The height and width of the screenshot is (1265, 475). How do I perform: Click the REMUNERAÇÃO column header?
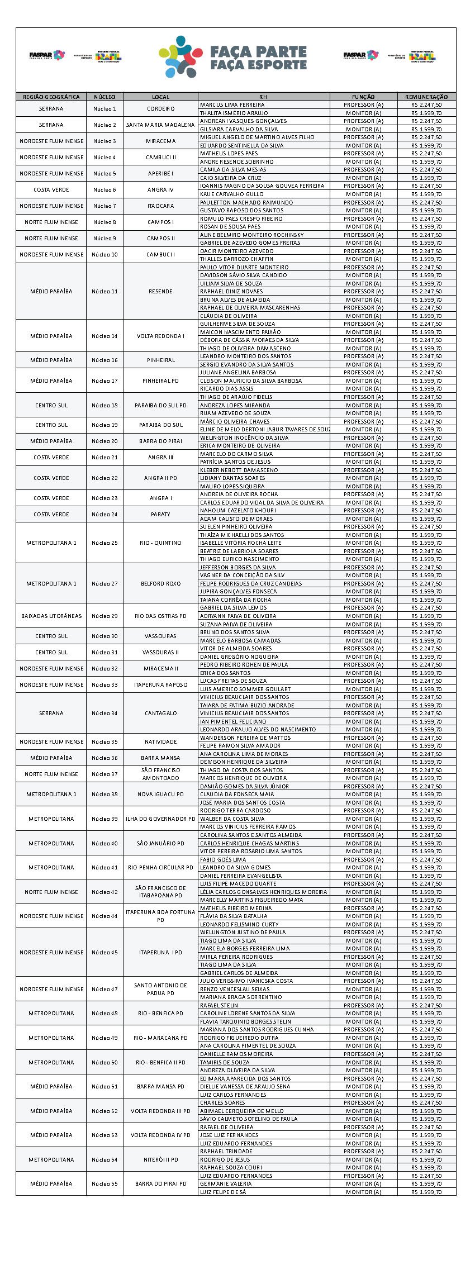[426, 97]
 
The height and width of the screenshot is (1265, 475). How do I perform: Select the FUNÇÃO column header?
[363, 97]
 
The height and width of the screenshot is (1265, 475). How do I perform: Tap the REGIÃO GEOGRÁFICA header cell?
[51, 97]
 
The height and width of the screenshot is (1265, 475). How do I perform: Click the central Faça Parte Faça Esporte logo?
[233, 58]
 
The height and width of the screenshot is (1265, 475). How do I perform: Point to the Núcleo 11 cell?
[104, 291]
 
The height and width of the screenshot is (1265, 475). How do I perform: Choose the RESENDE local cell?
[160, 291]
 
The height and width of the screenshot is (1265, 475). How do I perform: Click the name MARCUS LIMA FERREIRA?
[232, 104]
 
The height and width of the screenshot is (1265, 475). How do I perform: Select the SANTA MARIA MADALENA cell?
[160, 125]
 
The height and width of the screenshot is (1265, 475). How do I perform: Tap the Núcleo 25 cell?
[104, 543]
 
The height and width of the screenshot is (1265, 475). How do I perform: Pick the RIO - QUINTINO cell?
[160, 543]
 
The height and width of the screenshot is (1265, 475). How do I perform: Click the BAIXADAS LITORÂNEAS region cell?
[51, 616]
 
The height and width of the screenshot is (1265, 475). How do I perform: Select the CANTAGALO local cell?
[160, 713]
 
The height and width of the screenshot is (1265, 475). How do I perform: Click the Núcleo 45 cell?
[104, 952]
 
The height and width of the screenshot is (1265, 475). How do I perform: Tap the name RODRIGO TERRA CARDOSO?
[235, 810]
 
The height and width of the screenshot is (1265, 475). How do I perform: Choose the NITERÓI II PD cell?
[160, 1159]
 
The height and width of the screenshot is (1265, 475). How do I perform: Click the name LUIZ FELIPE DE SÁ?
[223, 1192]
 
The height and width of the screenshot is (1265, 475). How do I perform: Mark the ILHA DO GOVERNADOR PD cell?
[160, 819]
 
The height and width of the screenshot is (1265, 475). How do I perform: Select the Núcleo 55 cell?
[104, 1183]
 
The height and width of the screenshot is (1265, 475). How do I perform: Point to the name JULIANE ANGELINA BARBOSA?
[238, 372]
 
